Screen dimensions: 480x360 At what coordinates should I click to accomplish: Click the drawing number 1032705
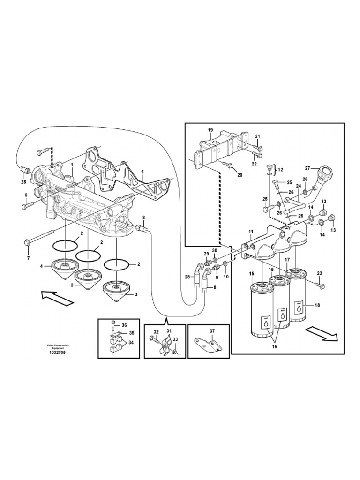(x=56, y=352)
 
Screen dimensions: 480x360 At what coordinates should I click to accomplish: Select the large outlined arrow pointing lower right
(x=322, y=333)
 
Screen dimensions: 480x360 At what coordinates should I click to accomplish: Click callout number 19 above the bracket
(x=210, y=130)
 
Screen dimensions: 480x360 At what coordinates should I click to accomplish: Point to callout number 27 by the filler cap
(x=307, y=168)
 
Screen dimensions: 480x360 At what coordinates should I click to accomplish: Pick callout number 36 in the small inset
(x=124, y=325)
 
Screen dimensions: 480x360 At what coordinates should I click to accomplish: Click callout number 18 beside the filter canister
(x=317, y=305)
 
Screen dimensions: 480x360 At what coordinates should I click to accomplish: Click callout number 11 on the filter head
(x=251, y=232)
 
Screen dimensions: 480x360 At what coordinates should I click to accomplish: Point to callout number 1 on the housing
(x=72, y=165)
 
